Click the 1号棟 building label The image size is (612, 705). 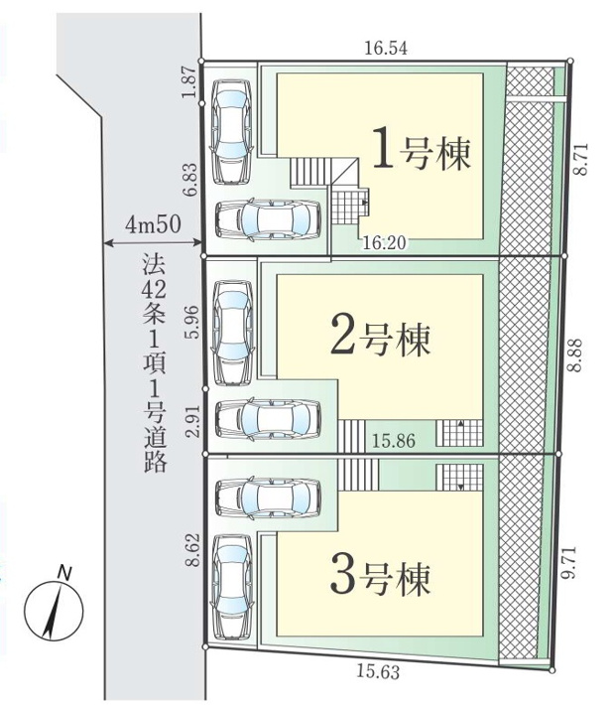(420, 151)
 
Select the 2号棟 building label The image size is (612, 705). (380, 338)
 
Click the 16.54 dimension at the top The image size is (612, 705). (387, 48)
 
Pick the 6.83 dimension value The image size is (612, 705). (187, 180)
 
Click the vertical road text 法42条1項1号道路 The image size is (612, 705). (152, 362)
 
